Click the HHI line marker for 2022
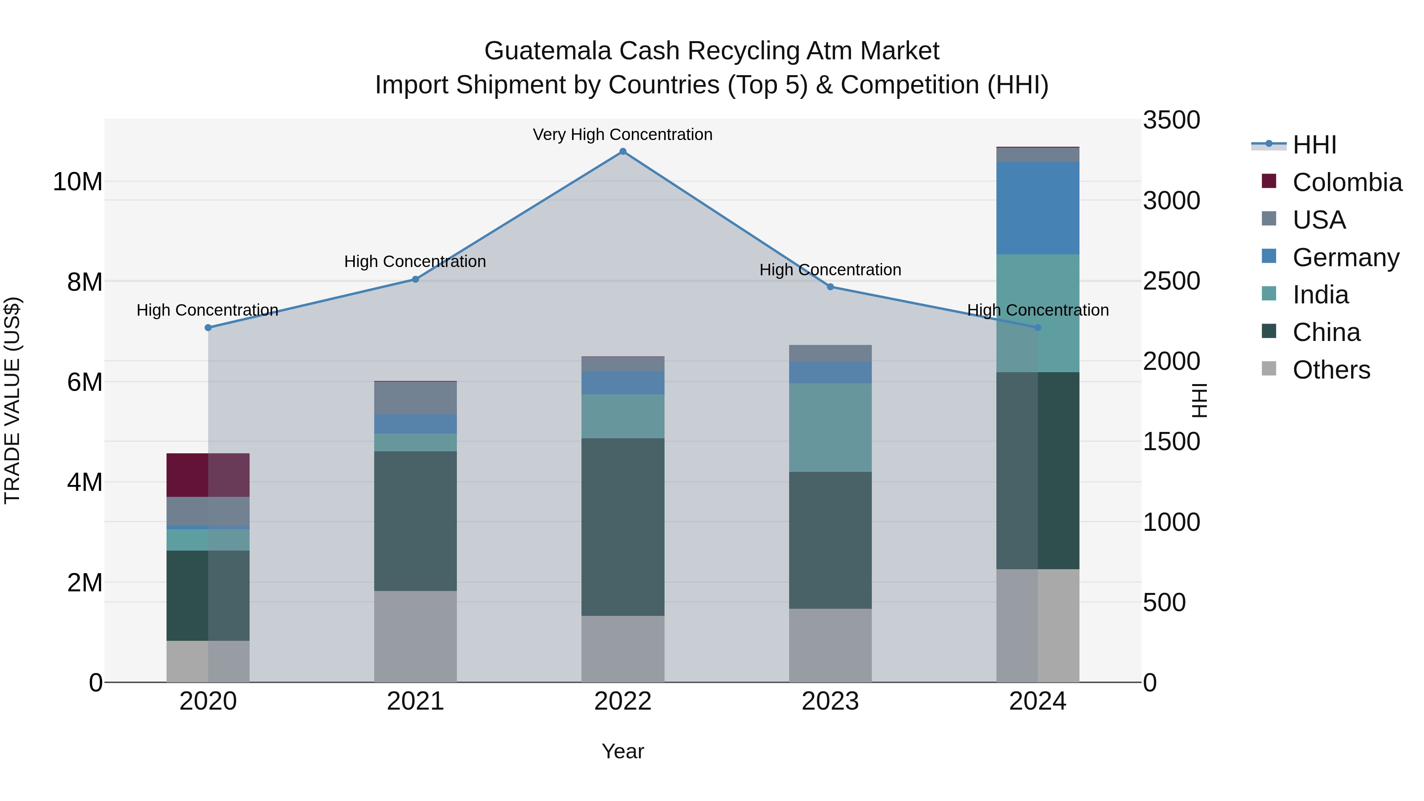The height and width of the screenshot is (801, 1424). [x=623, y=151]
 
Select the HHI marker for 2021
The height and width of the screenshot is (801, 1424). [x=415, y=279]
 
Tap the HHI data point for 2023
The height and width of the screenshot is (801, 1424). [x=830, y=287]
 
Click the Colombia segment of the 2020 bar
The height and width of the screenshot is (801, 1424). [x=208, y=475]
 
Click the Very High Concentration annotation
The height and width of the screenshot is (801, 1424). [x=623, y=134]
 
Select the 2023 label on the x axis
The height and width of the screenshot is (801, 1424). [x=830, y=701]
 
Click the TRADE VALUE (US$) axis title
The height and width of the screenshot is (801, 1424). [x=12, y=400]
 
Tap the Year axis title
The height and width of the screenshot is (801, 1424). [x=623, y=751]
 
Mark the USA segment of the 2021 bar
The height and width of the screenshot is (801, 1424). [x=415, y=398]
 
